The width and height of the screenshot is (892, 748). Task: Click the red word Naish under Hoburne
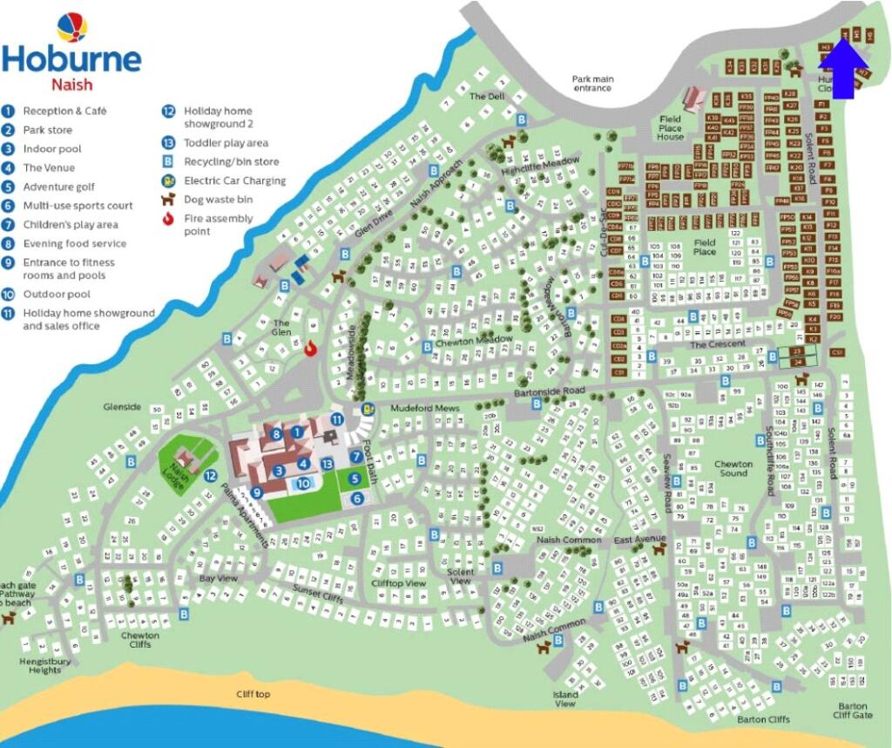(x=71, y=85)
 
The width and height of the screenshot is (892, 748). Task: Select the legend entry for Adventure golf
(x=59, y=187)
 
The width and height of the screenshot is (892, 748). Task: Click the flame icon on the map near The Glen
(x=310, y=348)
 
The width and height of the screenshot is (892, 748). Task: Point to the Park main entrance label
(x=592, y=84)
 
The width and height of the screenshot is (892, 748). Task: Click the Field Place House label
(x=670, y=128)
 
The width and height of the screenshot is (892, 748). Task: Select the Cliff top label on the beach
(x=253, y=694)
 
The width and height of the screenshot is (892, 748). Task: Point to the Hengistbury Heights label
(x=40, y=666)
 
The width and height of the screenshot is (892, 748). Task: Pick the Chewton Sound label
(x=733, y=468)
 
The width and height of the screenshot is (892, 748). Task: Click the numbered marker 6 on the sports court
(x=357, y=498)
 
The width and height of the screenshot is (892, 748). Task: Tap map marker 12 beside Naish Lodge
(x=210, y=475)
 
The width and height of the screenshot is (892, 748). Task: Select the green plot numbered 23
(x=796, y=350)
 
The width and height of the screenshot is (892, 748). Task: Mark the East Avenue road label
(x=639, y=540)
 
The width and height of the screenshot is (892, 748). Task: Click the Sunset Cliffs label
(x=317, y=595)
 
